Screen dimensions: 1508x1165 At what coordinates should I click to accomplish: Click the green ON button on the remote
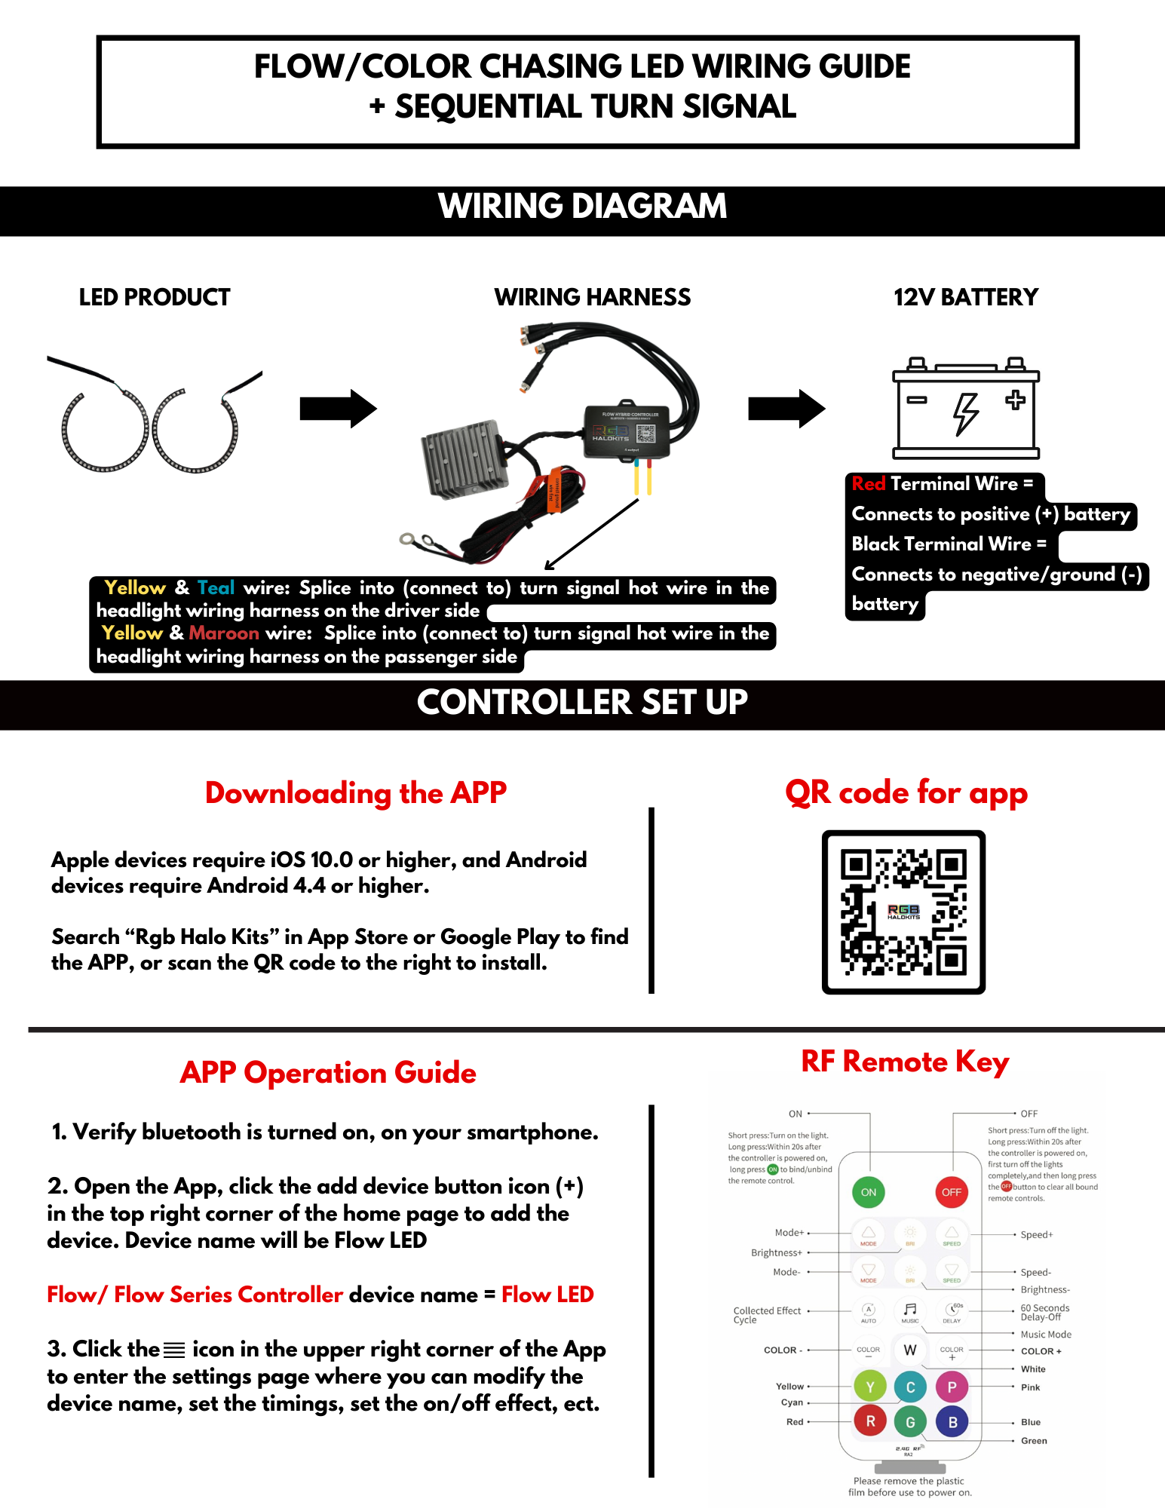pos(869,1192)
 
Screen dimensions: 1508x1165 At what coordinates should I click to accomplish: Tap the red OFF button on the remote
pos(952,1192)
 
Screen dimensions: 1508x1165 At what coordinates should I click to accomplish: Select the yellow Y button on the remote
pos(869,1387)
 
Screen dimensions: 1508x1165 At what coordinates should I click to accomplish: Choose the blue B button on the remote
pos(952,1422)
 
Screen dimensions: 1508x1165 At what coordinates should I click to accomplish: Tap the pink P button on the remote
pos(952,1387)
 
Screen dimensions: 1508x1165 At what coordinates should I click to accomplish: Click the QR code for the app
pos(903,912)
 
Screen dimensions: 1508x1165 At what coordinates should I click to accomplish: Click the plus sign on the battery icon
pos(1015,400)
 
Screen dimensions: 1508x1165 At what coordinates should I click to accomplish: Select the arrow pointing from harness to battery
pos(786,409)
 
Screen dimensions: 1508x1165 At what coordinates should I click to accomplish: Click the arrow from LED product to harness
pos(338,409)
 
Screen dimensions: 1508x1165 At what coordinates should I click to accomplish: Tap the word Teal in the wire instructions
pos(216,587)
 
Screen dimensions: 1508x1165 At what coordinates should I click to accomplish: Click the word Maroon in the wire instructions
pos(224,633)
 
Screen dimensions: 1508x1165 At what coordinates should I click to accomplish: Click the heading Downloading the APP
pos(356,793)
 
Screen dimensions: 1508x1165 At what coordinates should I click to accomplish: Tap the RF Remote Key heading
pos(905,1062)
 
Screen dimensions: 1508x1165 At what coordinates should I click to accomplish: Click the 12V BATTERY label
pos(966,297)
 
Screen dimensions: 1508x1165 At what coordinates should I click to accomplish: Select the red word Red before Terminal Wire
pos(868,483)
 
